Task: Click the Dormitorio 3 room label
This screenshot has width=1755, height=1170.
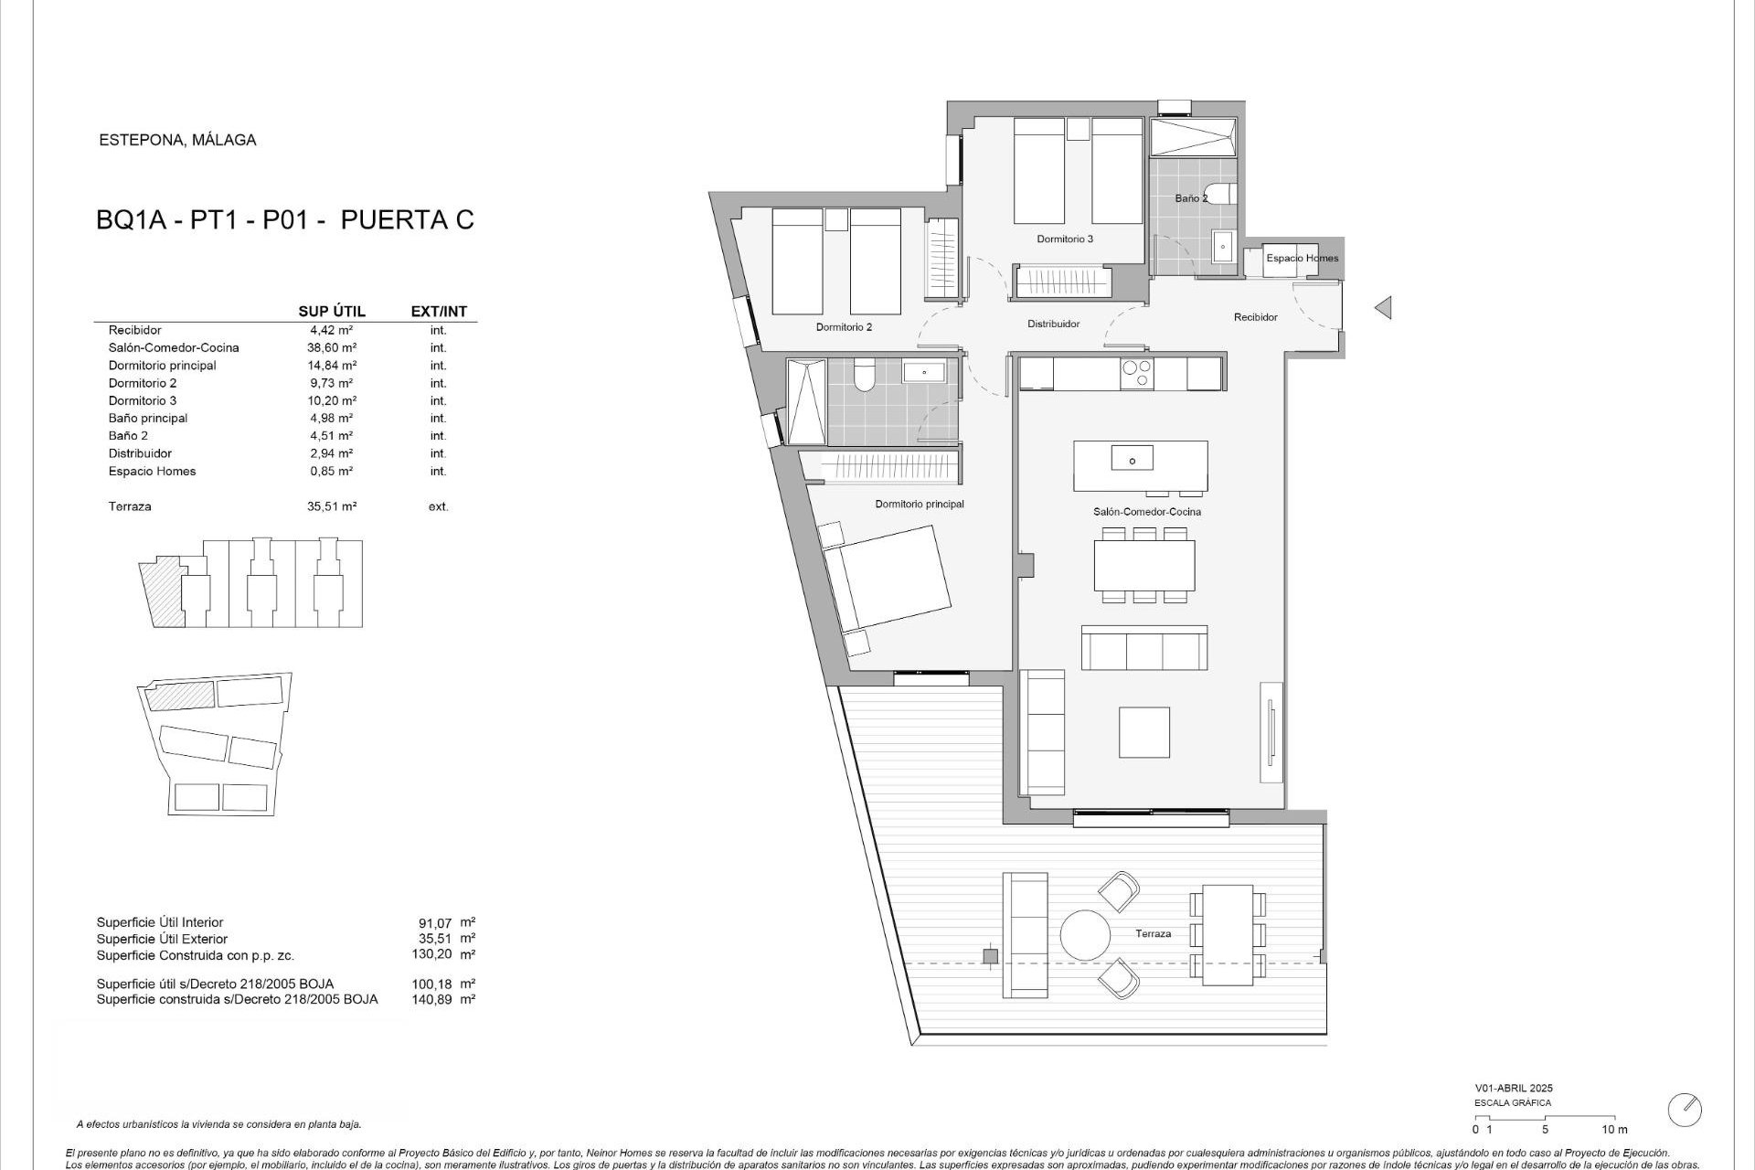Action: (1065, 239)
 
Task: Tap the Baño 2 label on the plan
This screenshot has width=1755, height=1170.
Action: (1191, 198)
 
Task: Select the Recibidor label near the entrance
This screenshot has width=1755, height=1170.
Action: (1255, 317)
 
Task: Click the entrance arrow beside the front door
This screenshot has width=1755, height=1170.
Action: (1383, 308)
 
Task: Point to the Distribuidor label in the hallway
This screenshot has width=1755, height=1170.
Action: (1053, 324)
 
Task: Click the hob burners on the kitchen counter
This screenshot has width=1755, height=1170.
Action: (1137, 373)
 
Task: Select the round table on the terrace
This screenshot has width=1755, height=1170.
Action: (1085, 934)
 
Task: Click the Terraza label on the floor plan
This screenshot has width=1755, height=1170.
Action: (1153, 934)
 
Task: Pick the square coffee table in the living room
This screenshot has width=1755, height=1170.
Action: (1144, 732)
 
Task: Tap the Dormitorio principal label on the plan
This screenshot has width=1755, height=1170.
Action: (919, 504)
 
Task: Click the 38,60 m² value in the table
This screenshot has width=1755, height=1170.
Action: (331, 347)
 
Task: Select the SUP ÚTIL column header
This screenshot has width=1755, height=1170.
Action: (332, 312)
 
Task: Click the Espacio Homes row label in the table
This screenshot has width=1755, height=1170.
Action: (152, 471)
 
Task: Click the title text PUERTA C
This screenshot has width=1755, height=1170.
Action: (407, 220)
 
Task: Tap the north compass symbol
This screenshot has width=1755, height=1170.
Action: (1685, 1109)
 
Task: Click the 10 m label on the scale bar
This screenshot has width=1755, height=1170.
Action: (1614, 1130)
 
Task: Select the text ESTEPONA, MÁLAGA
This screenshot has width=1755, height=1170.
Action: (177, 140)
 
